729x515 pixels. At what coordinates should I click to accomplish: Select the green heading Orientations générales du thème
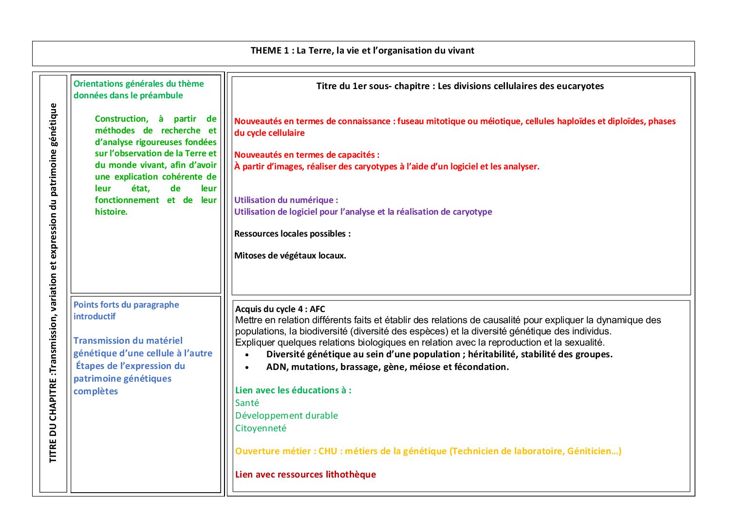click(x=138, y=84)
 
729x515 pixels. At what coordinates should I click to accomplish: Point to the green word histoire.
click(x=111, y=212)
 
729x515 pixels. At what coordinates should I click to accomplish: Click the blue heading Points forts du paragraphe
click(x=126, y=305)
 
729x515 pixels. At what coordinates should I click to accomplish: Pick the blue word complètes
click(x=95, y=391)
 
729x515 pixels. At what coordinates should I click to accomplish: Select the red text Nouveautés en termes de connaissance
click(x=312, y=121)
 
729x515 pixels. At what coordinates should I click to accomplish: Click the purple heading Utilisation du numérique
click(x=285, y=200)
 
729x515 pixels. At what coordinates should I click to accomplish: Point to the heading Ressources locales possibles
click(x=292, y=234)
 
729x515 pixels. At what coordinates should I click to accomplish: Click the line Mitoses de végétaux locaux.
click(x=290, y=256)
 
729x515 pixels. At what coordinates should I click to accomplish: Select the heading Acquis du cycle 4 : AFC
click(x=280, y=309)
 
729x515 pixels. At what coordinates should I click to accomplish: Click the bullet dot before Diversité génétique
click(x=247, y=355)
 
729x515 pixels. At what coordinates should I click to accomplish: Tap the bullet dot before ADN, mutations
click(x=247, y=368)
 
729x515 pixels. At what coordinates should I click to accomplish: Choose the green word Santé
click(x=247, y=403)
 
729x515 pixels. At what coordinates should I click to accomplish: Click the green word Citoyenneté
click(x=261, y=428)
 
